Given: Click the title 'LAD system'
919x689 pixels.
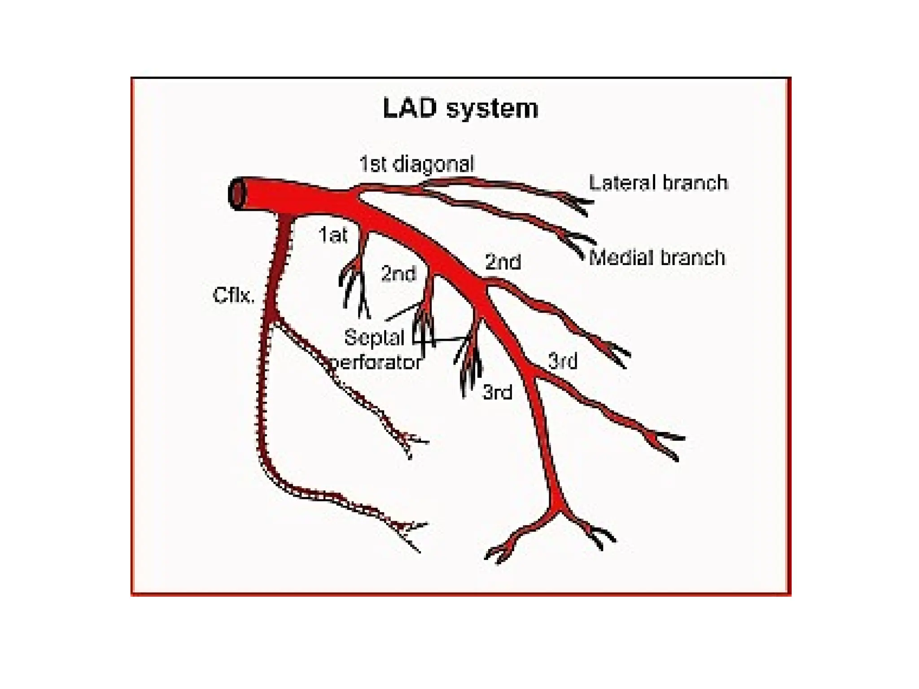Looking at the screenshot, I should click(460, 109).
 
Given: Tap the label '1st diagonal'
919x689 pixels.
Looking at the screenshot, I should click(416, 164).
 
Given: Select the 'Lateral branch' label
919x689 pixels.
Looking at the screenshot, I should click(658, 183).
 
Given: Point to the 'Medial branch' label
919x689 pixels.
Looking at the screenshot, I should click(657, 257).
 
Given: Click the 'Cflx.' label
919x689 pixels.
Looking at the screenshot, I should click(233, 295).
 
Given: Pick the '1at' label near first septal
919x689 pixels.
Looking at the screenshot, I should click(333, 235).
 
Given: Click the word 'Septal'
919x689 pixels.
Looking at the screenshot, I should click(374, 337).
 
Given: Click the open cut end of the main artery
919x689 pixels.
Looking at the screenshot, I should click(236, 194).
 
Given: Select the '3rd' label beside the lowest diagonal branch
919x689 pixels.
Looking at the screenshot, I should click(563, 361).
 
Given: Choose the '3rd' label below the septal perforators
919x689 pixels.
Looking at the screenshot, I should click(497, 392).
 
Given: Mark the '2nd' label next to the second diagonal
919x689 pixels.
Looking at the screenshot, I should click(503, 262).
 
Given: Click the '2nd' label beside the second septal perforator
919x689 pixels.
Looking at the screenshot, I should click(398, 274).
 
